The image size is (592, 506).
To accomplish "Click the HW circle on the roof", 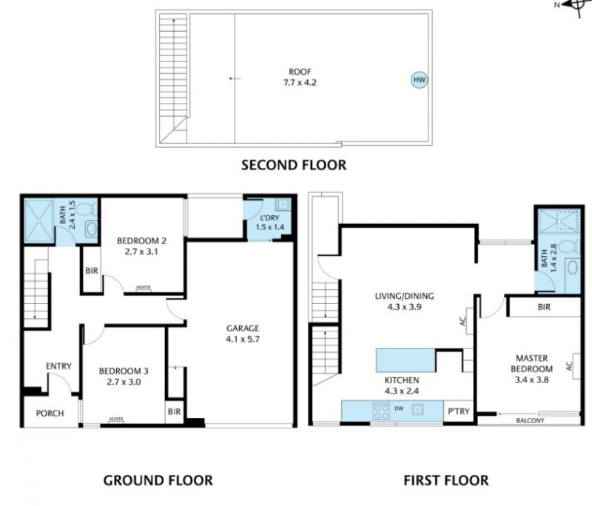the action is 419,80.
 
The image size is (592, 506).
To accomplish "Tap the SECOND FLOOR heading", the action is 294,165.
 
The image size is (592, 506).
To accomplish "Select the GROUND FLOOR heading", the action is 158,480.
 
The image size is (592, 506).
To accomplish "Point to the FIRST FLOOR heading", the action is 446,480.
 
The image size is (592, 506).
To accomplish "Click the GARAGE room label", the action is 243,328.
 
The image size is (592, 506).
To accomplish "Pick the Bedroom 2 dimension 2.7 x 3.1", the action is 141,252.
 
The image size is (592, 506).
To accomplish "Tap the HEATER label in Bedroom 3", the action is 116,419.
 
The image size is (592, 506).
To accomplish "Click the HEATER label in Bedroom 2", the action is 143,288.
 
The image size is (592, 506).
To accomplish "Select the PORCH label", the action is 50,414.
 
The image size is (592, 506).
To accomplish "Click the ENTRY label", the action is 58,366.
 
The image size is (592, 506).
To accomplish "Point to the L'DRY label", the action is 269,217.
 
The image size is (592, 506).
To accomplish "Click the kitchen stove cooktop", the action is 380,411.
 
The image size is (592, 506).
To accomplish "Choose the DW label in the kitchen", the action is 399,408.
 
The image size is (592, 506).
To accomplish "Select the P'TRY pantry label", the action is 458,411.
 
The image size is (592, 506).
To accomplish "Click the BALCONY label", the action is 530,420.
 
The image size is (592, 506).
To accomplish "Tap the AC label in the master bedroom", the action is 569,365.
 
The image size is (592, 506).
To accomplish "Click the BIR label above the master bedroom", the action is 544,307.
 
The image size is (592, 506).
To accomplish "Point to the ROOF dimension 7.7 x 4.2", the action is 300,82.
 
